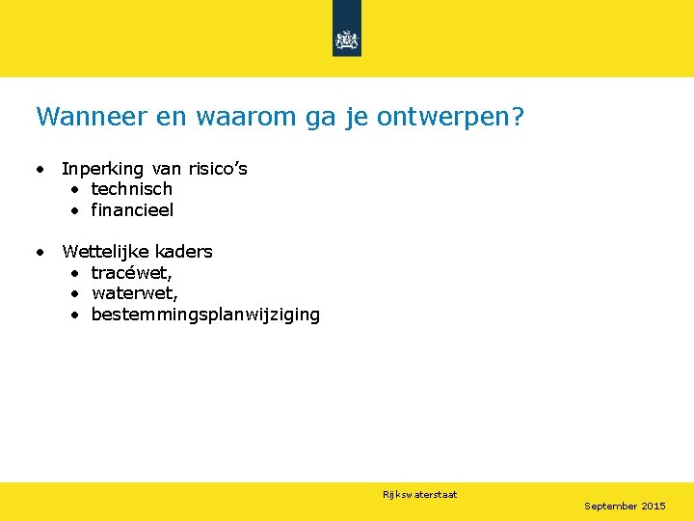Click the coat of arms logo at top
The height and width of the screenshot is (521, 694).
click(x=346, y=40)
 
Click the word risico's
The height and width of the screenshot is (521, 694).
click(x=218, y=169)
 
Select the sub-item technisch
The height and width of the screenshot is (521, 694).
click(x=131, y=189)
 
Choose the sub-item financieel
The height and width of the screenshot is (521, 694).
click(x=132, y=209)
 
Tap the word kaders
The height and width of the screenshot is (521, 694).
click(x=185, y=252)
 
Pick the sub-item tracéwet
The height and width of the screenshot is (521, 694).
click(x=132, y=273)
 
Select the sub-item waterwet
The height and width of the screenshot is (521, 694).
click(x=135, y=293)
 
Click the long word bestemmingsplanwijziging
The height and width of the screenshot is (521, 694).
click(x=205, y=315)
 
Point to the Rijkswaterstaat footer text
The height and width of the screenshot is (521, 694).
click(x=419, y=495)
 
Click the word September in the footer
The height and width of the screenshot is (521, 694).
click(x=611, y=506)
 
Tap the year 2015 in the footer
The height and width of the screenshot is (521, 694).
click(x=654, y=506)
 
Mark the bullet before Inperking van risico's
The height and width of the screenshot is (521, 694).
click(x=40, y=170)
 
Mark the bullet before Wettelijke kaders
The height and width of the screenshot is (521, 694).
click(x=40, y=253)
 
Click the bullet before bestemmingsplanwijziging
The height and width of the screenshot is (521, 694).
click(x=73, y=315)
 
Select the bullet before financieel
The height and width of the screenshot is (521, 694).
click(x=73, y=210)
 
